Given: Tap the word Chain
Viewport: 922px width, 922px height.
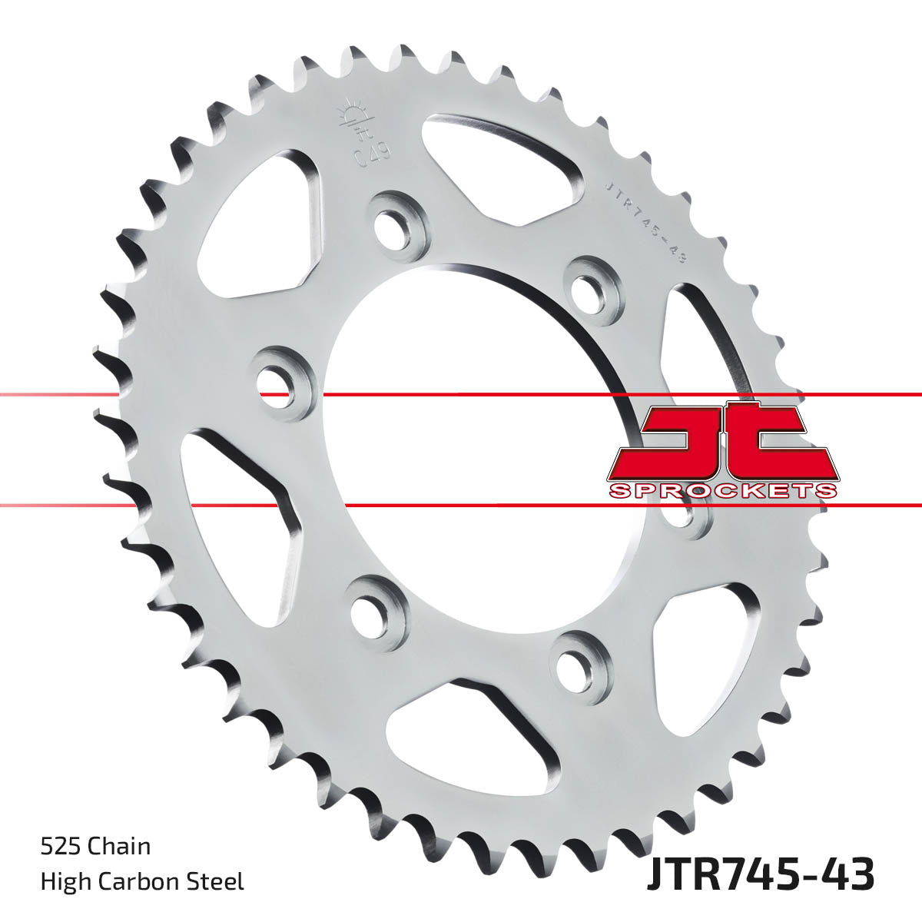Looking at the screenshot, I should click(119, 847).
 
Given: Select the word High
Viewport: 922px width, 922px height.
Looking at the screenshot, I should click(63, 881).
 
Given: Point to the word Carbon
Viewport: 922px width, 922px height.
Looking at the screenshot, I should click(140, 881).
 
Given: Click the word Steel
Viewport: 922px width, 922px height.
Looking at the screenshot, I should click(217, 881).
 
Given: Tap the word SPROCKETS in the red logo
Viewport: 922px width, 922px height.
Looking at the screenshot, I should click(722, 490).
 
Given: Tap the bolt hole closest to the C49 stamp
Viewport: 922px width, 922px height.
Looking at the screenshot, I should click(397, 222).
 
